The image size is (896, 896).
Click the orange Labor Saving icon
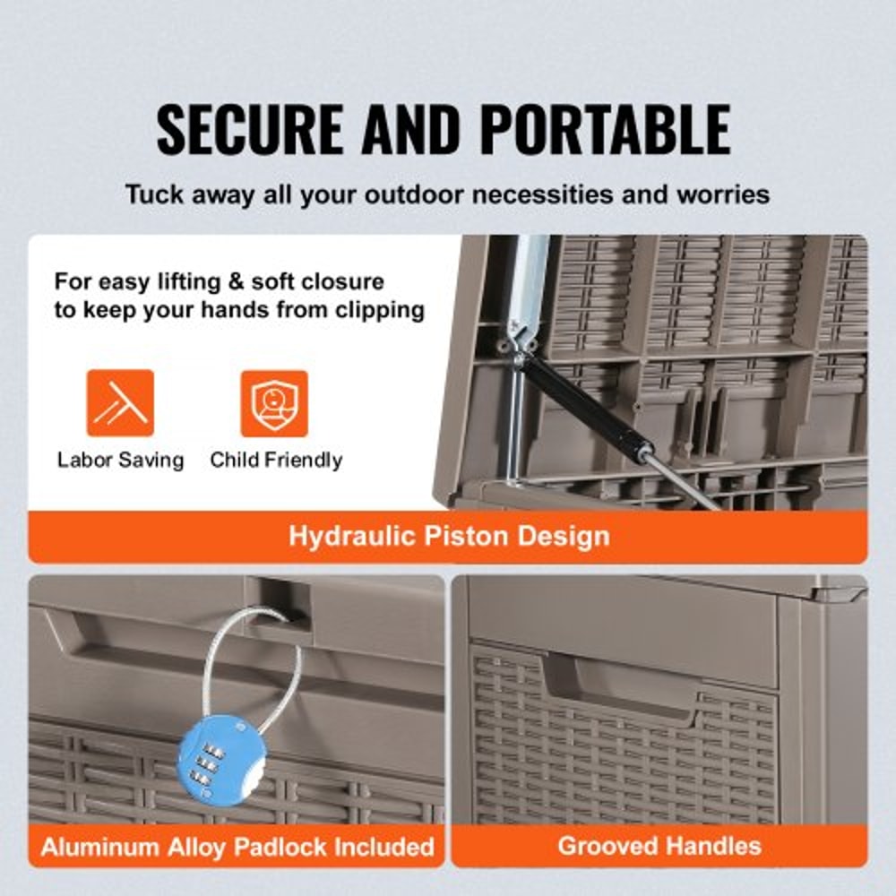[x=120, y=403]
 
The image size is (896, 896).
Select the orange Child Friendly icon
[x=274, y=403]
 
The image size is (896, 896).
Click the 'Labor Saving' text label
[x=120, y=461]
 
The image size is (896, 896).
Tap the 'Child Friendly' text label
[x=276, y=461]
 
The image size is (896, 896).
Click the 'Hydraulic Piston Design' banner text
[x=448, y=537]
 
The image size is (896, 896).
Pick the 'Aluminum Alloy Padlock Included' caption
[x=237, y=845]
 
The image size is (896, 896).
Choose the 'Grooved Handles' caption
[x=659, y=845]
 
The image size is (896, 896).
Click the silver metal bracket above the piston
[x=530, y=287]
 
